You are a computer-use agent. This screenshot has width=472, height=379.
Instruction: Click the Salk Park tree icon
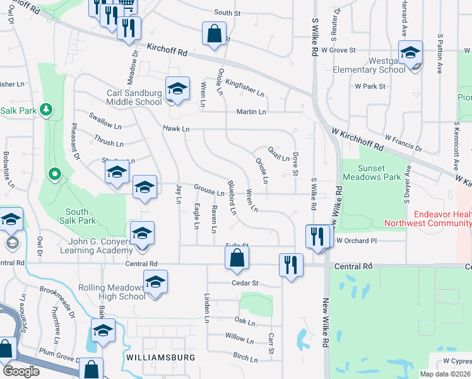(x=45, y=111)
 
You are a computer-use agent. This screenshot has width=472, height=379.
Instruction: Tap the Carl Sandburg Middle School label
(x=134, y=97)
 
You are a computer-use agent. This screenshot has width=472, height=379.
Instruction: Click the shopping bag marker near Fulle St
(x=237, y=258)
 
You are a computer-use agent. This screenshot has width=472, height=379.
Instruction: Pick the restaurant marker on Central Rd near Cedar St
(x=291, y=265)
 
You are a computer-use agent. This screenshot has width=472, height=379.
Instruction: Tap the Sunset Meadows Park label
(x=370, y=172)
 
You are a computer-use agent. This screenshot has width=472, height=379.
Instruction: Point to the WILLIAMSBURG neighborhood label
(x=157, y=358)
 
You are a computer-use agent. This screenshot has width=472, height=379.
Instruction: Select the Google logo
(x=21, y=371)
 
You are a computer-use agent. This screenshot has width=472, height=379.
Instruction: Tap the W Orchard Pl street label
(x=356, y=241)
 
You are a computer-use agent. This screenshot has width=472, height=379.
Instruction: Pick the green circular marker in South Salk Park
(x=55, y=173)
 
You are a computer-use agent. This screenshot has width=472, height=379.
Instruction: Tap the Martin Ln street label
(x=251, y=112)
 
